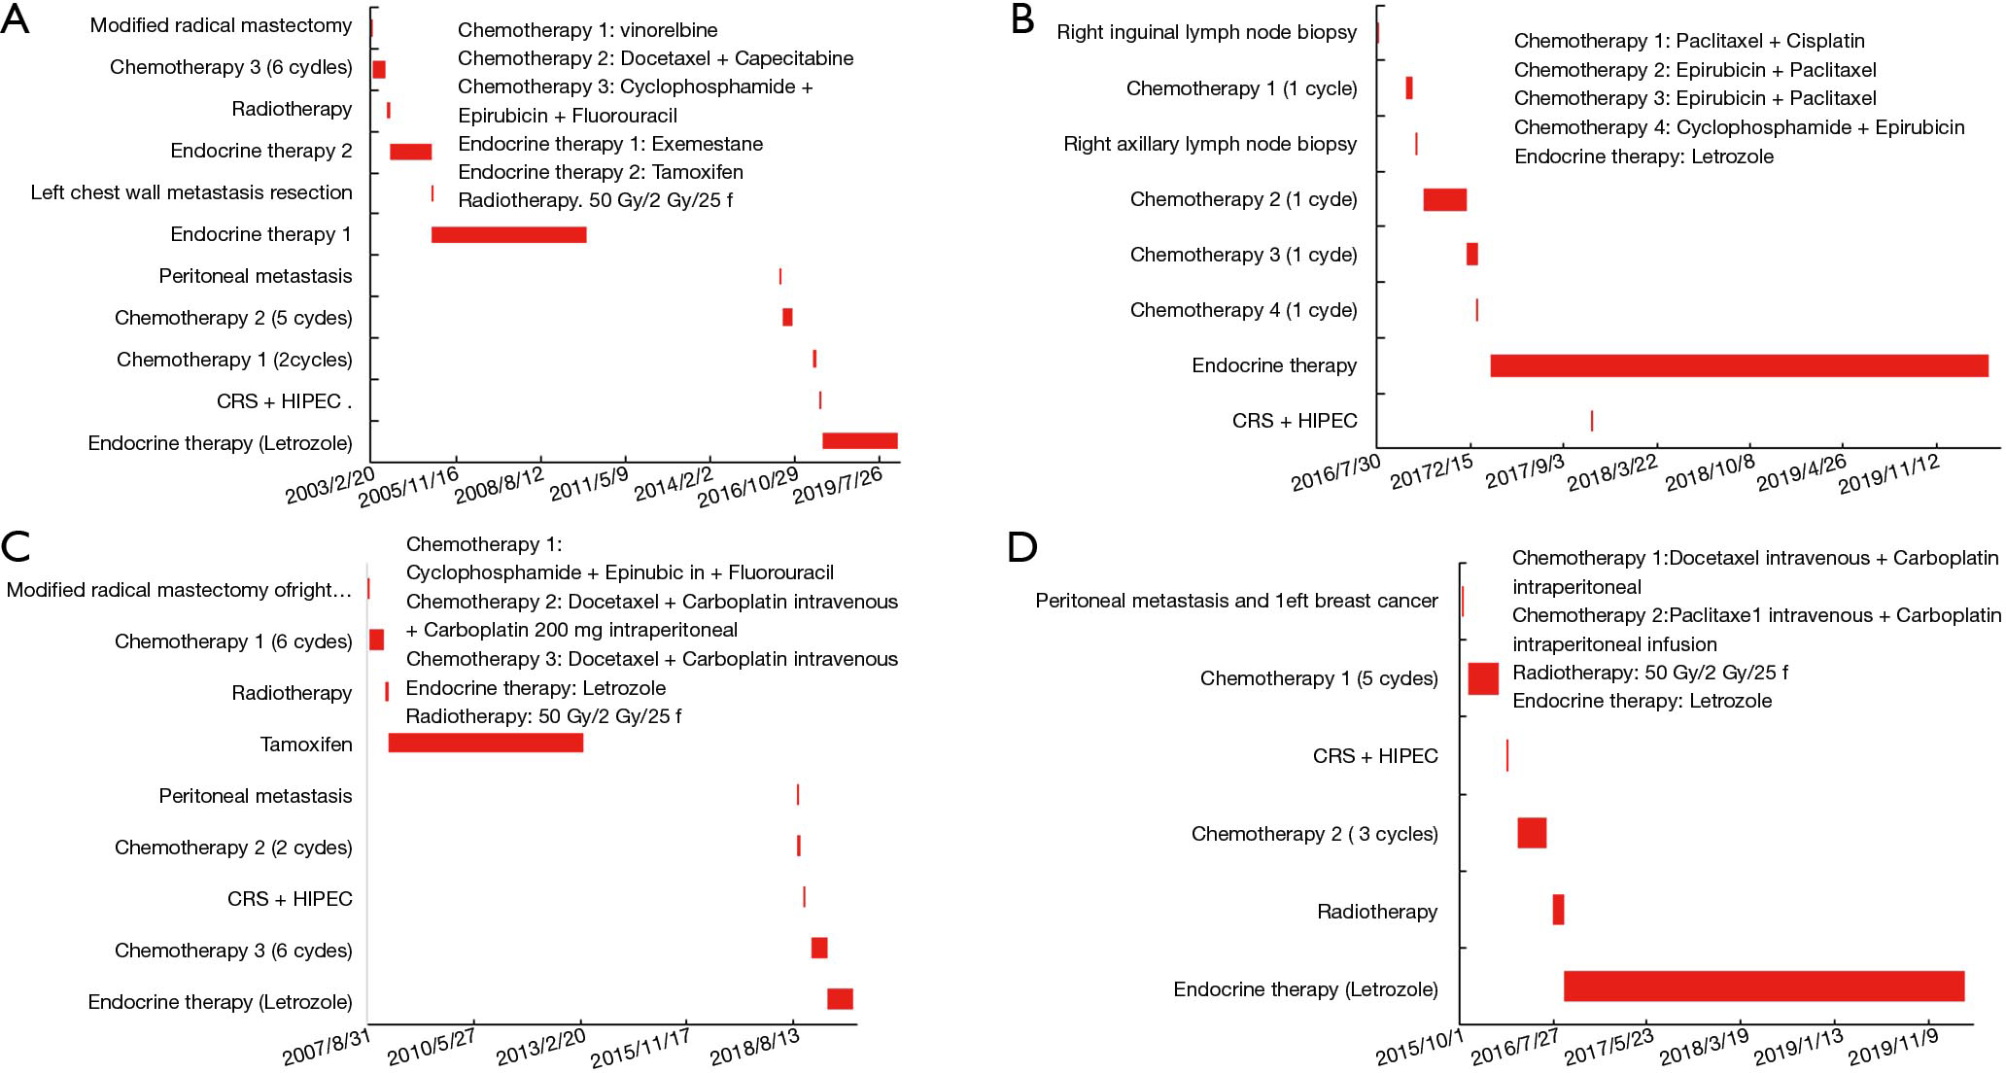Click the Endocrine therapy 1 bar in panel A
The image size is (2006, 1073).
pyautogui.click(x=509, y=234)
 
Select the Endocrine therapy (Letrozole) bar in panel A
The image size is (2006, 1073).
pyautogui.click(x=860, y=441)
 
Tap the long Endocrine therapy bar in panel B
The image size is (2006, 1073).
pyautogui.click(x=1740, y=365)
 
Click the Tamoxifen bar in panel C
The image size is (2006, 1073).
pyautogui.click(x=486, y=743)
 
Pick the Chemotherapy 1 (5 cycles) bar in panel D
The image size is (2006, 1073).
pyautogui.click(x=1483, y=678)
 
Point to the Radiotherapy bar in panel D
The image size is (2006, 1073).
pyautogui.click(x=1558, y=910)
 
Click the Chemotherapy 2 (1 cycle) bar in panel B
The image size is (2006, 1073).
pyautogui.click(x=1445, y=199)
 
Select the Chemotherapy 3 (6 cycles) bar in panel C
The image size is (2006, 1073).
pyautogui.click(x=819, y=948)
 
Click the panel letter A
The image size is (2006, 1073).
pyautogui.click(x=16, y=21)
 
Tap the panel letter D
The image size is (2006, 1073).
pyautogui.click(x=1022, y=547)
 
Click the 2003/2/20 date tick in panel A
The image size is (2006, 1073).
pyautogui.click(x=329, y=485)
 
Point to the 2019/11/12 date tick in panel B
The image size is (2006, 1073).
pyautogui.click(x=1889, y=473)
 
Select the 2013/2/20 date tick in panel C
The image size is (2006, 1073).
pyautogui.click(x=541, y=1047)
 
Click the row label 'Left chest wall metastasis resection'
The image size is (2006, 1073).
pyautogui.click(x=191, y=192)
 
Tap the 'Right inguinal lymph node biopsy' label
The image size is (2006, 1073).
pyautogui.click(x=1207, y=32)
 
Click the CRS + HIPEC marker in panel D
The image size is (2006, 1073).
pyautogui.click(x=1507, y=755)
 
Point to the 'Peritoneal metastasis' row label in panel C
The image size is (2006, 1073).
pyautogui.click(x=256, y=796)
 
